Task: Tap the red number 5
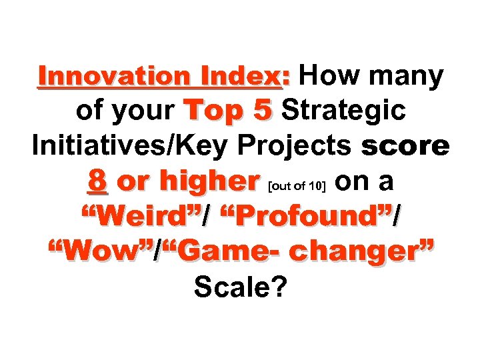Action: pos(264,111)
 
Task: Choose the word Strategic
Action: pos(344,111)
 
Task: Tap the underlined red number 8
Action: pos(98,181)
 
